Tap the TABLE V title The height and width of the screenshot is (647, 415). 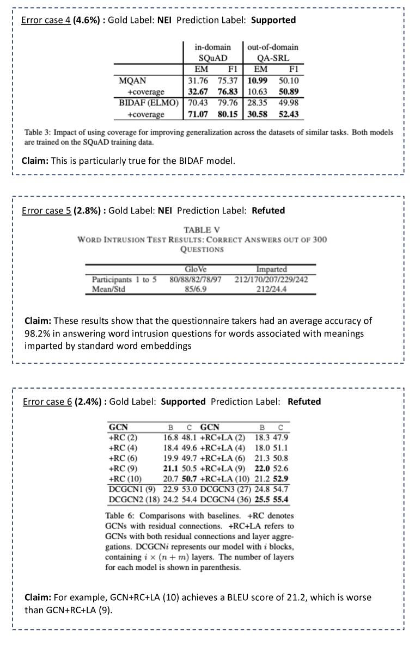[x=202, y=230]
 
